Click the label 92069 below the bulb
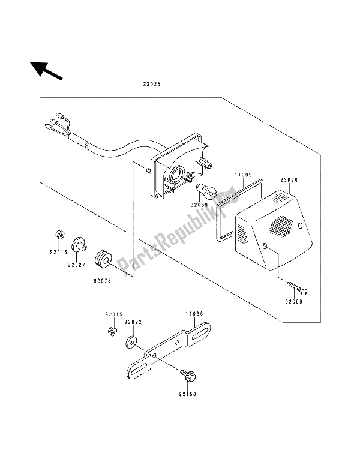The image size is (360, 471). pos(209,205)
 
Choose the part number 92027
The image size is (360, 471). pos(76,265)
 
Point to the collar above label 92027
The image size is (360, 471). pos(79,245)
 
